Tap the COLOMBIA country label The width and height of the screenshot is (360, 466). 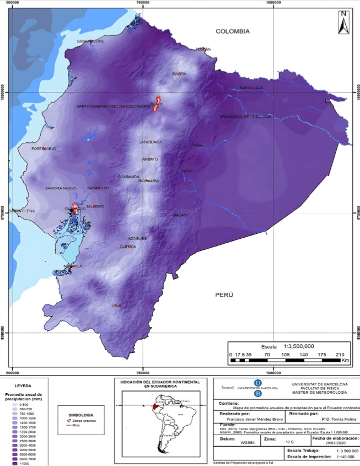tap(233, 31)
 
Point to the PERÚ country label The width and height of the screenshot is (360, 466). tap(224, 295)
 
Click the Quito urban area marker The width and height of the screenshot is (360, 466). tap(156, 103)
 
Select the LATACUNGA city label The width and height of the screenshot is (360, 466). tap(151, 142)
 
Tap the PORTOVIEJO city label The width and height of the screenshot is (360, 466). tap(44, 149)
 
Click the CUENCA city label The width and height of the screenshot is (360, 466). tap(128, 247)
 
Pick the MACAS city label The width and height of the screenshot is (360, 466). tap(180, 215)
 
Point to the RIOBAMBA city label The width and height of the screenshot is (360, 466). tap(149, 180)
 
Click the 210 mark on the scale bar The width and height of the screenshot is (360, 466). tap(340, 355)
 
